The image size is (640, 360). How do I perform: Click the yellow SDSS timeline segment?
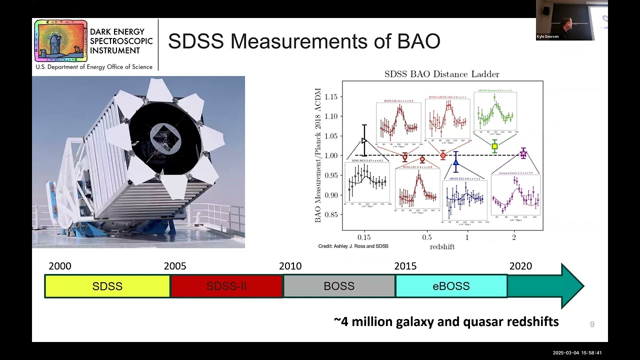click(107, 286)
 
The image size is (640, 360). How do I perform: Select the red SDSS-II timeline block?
click(226, 286)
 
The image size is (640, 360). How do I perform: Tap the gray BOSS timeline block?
click(339, 286)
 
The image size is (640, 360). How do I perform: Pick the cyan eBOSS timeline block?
click(451, 286)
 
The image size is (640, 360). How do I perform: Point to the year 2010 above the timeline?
click(290, 266)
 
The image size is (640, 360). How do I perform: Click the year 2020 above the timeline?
click(520, 266)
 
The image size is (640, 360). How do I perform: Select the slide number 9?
click(592, 324)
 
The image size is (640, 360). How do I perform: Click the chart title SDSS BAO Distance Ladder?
click(441, 74)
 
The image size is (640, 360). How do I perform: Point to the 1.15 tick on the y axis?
click(331, 96)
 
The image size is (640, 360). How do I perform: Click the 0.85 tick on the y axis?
click(331, 215)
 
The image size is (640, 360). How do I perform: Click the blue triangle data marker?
click(455, 161)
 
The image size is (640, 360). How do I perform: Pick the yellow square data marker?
click(494, 146)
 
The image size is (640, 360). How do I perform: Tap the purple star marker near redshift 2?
click(523, 153)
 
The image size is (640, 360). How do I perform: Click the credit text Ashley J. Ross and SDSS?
click(353, 246)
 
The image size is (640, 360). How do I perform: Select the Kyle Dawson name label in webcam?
click(548, 36)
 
